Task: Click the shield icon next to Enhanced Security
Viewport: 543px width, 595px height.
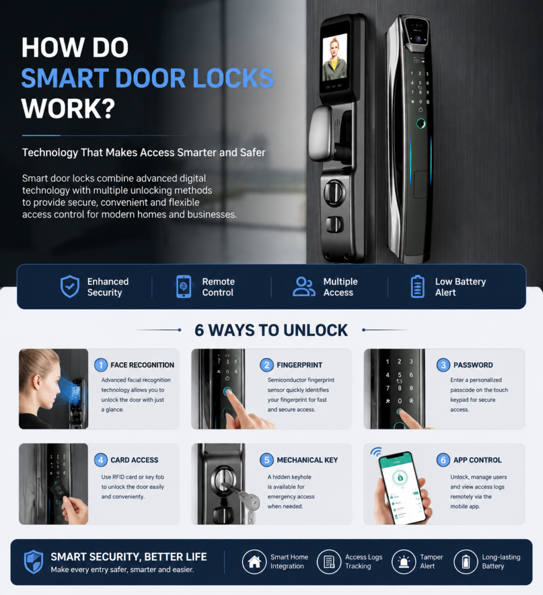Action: [x=70, y=286]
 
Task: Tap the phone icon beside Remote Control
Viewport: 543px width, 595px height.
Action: [x=184, y=286]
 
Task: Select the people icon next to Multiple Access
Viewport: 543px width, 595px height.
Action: [x=304, y=286]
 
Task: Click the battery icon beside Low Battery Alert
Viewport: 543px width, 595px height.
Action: [x=417, y=286]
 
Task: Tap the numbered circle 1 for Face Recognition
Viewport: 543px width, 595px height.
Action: [x=101, y=365]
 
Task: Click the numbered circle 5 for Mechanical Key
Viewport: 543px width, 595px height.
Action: [x=267, y=460]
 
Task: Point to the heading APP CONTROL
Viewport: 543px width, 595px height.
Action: [x=477, y=460]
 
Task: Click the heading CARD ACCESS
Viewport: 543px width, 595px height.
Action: [x=134, y=460]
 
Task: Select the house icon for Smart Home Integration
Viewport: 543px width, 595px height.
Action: [x=254, y=562]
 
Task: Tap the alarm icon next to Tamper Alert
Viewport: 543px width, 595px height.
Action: [x=403, y=562]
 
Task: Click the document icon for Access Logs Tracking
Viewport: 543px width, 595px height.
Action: [x=329, y=562]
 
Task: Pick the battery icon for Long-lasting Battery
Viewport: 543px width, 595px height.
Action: [x=466, y=562]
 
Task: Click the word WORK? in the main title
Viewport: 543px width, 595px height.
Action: [x=69, y=109]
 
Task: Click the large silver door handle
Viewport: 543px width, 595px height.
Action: [x=323, y=133]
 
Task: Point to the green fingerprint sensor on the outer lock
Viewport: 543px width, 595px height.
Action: [x=421, y=123]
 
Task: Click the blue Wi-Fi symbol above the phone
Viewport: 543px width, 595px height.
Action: [x=376, y=451]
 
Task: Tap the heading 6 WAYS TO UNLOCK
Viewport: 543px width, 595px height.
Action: [x=271, y=330]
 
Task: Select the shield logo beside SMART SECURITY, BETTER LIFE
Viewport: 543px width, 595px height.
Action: [x=33, y=562]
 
